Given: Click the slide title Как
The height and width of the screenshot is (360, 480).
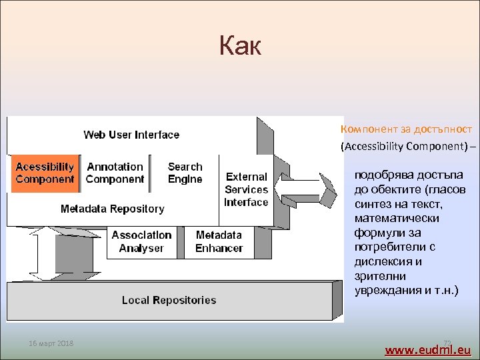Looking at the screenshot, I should pos(240,46).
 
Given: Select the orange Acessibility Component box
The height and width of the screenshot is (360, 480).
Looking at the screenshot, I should pos(45,173).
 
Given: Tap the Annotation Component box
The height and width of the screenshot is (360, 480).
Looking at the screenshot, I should pos(115,173).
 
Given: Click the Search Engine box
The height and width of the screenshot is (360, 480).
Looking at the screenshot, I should pos(185,173).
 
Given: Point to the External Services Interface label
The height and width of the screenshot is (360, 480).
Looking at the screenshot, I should pos(246,190).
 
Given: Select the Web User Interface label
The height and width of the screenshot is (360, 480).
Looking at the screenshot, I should pos(131,135).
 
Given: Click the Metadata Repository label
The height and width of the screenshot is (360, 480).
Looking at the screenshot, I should pos(112,209).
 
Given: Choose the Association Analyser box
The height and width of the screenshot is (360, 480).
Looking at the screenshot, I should pos(141,242).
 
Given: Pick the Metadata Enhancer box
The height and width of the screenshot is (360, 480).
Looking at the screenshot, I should pos(219,242).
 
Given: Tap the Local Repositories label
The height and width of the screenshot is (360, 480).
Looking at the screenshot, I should pos(169,300).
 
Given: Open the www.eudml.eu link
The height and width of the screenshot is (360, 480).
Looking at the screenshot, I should pos(428,349).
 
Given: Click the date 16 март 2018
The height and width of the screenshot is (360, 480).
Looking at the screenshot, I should pos(51,343).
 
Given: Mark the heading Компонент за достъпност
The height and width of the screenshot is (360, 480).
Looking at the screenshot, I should pos(406,129).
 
